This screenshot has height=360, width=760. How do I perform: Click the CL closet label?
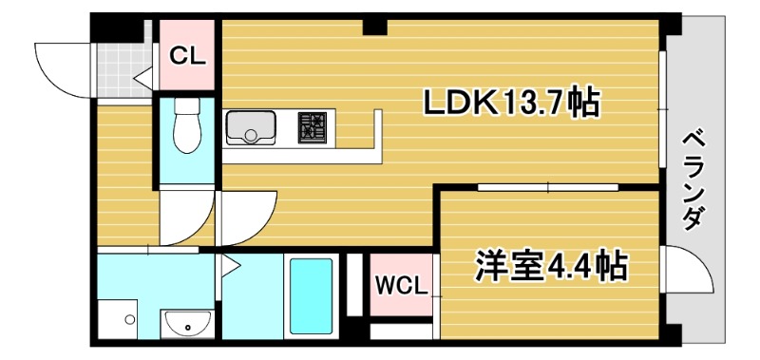point(187,55)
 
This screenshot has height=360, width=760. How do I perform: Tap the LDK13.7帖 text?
point(510,102)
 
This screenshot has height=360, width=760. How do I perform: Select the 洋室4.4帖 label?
point(550,266)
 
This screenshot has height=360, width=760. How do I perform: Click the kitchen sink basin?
point(250,127)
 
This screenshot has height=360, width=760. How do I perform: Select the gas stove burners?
point(312,128)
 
